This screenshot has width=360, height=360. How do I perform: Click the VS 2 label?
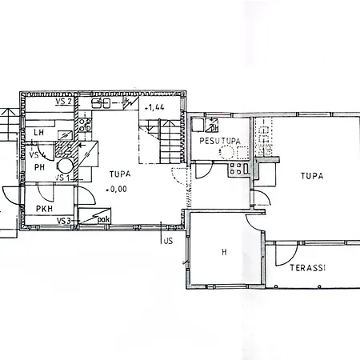63,102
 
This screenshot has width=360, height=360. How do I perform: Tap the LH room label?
39,132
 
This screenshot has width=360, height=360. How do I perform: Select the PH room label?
39,167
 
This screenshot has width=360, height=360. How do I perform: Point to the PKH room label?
44,209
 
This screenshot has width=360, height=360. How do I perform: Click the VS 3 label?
64,221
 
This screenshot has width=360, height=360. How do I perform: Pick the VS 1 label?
62,178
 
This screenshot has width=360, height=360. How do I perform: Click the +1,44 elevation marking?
154,108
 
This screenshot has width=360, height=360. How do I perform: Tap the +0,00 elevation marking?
116,190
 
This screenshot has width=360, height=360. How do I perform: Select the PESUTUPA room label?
220,141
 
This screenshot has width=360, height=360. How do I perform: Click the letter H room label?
224,252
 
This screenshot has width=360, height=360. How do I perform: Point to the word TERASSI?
308,268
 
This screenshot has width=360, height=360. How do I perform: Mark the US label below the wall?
168,241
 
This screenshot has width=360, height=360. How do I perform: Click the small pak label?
104,220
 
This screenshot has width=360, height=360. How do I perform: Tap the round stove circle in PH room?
66,166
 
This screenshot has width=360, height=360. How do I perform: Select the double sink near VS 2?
101,103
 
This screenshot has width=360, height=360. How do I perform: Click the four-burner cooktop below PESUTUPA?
235,169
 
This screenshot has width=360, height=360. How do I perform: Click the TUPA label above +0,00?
120,174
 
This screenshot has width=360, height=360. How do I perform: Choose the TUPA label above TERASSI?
312,176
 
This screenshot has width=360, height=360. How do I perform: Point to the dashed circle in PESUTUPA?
226,153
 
